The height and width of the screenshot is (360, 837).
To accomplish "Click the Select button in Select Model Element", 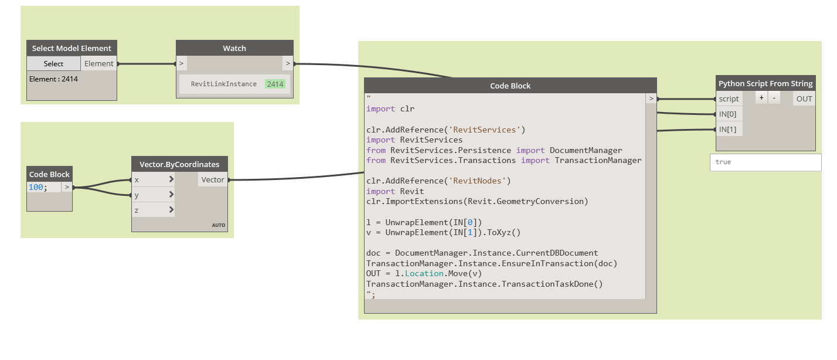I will (53, 64).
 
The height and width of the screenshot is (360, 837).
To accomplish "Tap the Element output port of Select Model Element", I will (99, 64).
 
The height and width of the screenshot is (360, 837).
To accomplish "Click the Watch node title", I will (234, 48).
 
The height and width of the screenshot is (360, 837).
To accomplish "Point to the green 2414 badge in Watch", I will (275, 84).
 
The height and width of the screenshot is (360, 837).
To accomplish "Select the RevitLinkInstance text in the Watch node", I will (223, 84).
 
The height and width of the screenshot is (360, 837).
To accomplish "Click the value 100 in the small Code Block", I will (36, 188).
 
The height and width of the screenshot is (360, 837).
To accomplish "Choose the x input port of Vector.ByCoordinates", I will (153, 179).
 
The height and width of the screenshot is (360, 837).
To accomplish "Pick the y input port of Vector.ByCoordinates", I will (153, 195).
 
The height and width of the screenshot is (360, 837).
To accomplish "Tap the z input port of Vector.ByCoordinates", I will (153, 209).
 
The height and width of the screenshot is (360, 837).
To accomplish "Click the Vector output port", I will (213, 179).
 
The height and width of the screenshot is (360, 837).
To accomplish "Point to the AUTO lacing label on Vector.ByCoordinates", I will (218, 225).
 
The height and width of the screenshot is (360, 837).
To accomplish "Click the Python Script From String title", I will (765, 83).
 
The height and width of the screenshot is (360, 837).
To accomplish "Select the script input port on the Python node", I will (729, 99).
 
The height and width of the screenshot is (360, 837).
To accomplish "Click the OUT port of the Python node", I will (804, 99).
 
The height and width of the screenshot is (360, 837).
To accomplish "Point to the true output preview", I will (765, 162).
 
